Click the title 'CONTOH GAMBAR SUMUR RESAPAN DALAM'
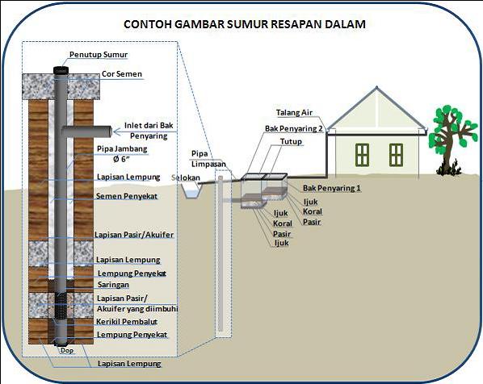[x=244, y=24]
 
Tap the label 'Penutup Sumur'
[x=99, y=55]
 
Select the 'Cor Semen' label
[x=123, y=75]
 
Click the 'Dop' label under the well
[x=66, y=351]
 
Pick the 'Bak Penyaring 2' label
[x=294, y=128]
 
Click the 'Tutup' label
[x=291, y=142]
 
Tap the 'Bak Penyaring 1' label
[x=332, y=188]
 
